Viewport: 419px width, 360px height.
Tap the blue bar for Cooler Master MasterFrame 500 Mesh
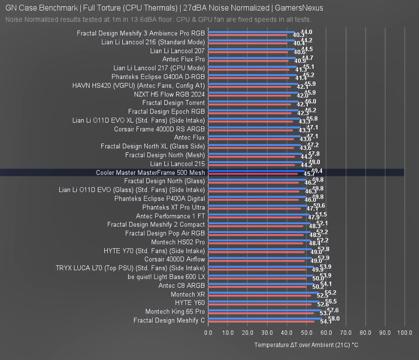pos(257,171)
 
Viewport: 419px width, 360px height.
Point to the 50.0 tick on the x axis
pos(306,333)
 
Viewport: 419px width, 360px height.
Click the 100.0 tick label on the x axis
pos(405,333)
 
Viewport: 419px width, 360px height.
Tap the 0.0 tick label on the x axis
pos(208,333)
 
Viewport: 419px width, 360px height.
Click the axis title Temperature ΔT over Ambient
pos(306,345)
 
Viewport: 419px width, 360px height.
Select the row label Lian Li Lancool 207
pos(177,51)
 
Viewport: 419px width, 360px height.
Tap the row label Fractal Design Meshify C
pos(169,320)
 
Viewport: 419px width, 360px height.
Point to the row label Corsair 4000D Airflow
pos(174,259)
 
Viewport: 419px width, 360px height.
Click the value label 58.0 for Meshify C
pos(334,319)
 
